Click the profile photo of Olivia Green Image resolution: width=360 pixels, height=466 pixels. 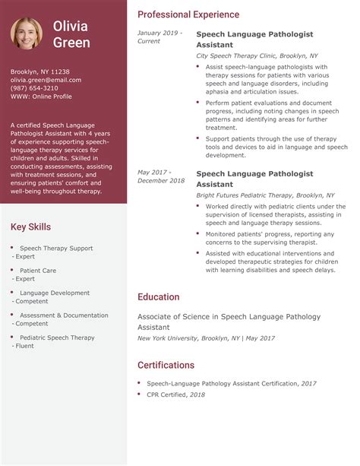pos(26,33)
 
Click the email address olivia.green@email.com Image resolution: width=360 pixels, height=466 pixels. pos(46,79)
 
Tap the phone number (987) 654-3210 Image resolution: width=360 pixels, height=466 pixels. pos(34,87)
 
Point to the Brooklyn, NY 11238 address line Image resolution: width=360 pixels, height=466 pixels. pos(40,71)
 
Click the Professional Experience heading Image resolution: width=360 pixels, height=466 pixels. pos(188,14)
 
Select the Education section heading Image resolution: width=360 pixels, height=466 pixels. pos(158,297)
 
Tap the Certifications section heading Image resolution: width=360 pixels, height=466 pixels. pos(166,365)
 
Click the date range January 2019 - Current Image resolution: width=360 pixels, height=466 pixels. pos(158,37)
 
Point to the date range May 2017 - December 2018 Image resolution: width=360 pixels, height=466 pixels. pos(161,176)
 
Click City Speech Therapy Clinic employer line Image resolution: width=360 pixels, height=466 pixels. pos(257,56)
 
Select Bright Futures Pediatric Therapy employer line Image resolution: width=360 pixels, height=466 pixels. pos(260,195)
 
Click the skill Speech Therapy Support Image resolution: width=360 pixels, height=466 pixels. pos(56,248)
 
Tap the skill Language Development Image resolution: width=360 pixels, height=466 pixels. pos(55,293)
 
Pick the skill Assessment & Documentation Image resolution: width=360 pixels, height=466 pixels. pos(64,315)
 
